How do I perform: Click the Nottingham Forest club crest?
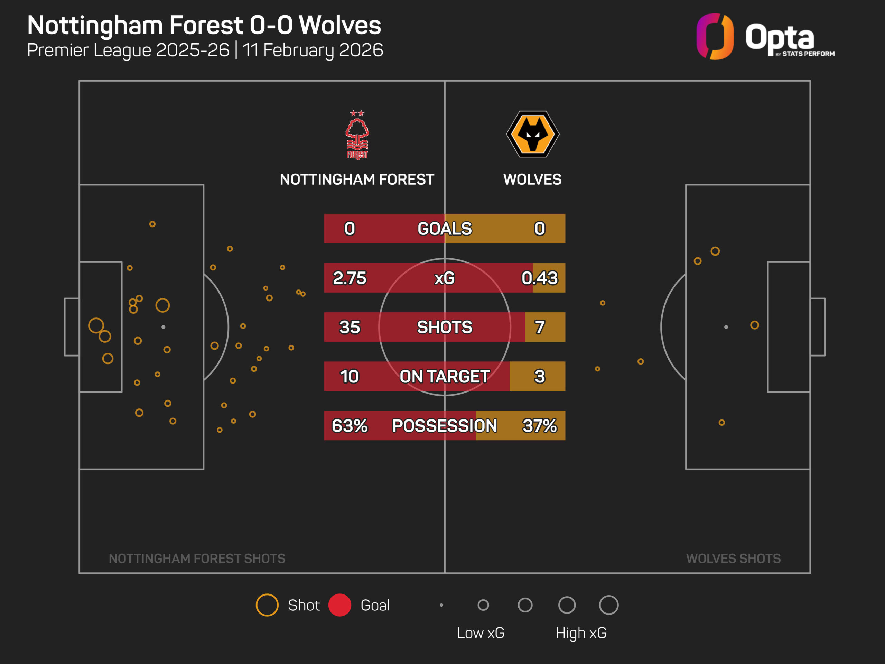click(x=357, y=135)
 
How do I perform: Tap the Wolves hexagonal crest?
click(x=532, y=134)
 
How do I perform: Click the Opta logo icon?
click(x=715, y=36)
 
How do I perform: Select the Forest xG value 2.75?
click(x=349, y=278)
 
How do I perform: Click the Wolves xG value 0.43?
click(x=539, y=278)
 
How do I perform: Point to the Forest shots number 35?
click(x=349, y=327)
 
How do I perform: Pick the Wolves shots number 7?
click(x=539, y=327)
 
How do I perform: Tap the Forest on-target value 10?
click(x=349, y=376)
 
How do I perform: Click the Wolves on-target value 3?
click(x=539, y=376)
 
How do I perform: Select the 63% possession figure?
click(x=349, y=425)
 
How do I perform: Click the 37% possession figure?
click(x=539, y=425)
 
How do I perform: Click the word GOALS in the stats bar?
click(x=445, y=229)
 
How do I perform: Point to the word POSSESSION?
click(x=445, y=425)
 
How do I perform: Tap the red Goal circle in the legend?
click(x=340, y=605)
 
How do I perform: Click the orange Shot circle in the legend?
click(x=267, y=605)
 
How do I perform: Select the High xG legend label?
click(x=581, y=633)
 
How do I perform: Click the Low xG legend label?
click(x=481, y=633)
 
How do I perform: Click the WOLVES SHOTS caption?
click(x=733, y=558)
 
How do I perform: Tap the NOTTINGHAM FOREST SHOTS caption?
click(x=197, y=558)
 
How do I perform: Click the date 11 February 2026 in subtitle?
click(x=313, y=50)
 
